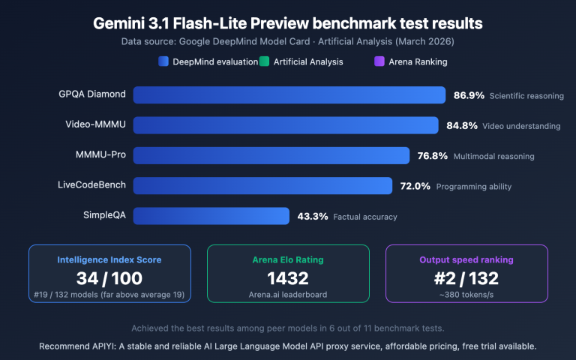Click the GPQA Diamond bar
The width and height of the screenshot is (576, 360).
click(290, 95)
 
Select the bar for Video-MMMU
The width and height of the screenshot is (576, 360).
click(286, 125)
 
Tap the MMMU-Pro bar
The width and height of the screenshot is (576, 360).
click(271, 156)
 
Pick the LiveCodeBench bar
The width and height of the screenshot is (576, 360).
click(262, 186)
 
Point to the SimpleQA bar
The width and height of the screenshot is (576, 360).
click(211, 216)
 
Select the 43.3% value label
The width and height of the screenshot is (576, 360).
click(313, 216)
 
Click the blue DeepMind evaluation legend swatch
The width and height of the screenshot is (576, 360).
click(163, 61)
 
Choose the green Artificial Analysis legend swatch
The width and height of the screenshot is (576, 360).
click(264, 61)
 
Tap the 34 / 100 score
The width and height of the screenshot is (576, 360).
click(109, 278)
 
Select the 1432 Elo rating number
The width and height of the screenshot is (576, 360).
click(288, 278)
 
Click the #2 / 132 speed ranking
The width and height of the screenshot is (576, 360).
click(466, 278)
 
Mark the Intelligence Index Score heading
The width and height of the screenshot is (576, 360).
click(109, 259)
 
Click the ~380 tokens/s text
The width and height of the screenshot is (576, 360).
click(466, 295)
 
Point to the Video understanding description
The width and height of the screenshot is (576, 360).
click(521, 126)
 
